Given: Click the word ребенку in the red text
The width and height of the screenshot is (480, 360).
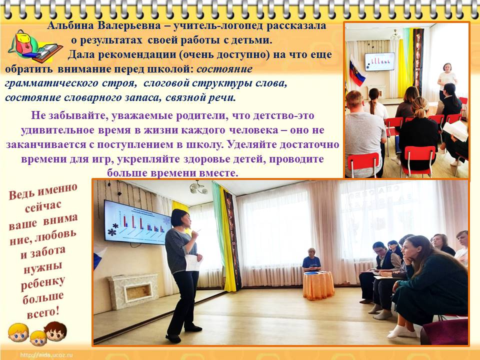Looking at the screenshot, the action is coord(42,283).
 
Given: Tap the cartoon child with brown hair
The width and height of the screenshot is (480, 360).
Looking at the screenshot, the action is coord(55,331).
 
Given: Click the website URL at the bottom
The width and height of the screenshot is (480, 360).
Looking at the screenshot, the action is coord(46,355).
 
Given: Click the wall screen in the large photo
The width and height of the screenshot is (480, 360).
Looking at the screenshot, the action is coord(137,222).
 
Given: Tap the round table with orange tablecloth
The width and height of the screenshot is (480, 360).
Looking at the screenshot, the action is coord(318,285).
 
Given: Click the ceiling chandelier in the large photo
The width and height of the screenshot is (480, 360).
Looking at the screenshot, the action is coord(198,187).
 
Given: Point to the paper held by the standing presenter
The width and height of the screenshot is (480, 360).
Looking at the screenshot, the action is coord(192,262).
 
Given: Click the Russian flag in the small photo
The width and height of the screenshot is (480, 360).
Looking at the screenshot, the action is coord(356,72).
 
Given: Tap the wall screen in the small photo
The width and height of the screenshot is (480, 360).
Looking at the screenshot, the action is coord(379,61).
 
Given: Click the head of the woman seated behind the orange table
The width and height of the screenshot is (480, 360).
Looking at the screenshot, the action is coord(311,252).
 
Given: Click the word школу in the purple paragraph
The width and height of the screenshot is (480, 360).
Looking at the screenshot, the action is coord(203,144).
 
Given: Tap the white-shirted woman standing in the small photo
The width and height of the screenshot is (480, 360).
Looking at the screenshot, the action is coord(447,80).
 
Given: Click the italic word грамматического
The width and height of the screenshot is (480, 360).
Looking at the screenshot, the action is coord(51,83).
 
